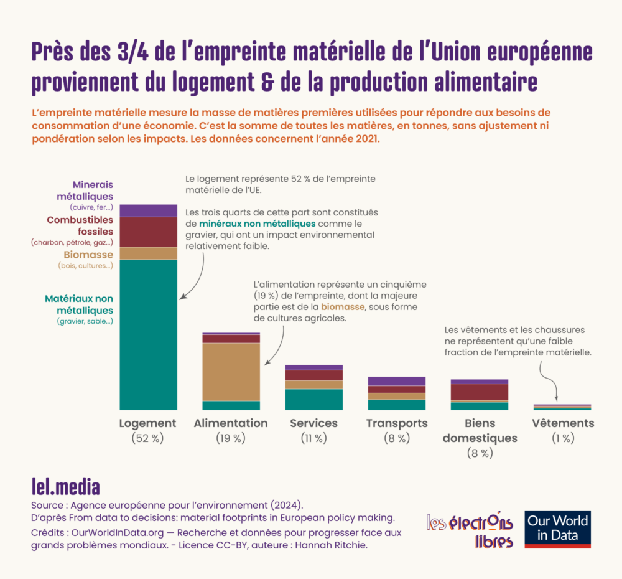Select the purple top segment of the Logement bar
tap(149, 210)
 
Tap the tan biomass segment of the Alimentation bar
tap(231, 372)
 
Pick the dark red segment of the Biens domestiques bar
tap(480, 392)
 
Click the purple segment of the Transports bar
tap(397, 381)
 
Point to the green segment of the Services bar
tap(314, 399)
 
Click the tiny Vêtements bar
tap(562, 407)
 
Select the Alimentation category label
tap(231, 423)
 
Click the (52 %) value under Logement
tap(148, 438)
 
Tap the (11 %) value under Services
tap(313, 438)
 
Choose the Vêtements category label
tap(563, 423)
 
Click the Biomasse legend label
tap(88, 255)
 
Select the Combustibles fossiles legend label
tap(80, 225)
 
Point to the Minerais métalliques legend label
tap(83, 191)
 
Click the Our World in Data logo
tap(557, 529)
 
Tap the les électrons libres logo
tap(470, 530)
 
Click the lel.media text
tap(65, 486)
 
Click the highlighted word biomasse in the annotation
tap(343, 307)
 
